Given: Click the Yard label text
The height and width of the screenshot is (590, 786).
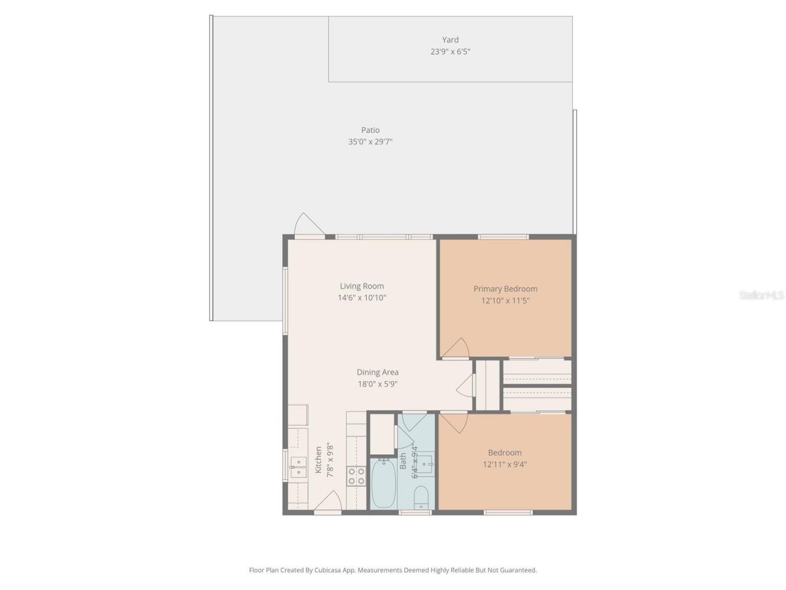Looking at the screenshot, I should tap(450, 40).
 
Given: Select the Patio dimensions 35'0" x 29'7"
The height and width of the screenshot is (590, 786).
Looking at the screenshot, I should tap(370, 142).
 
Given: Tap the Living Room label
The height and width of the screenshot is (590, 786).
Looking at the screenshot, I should tap(362, 286).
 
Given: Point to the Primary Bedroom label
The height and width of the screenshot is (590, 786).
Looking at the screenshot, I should tap(505, 289).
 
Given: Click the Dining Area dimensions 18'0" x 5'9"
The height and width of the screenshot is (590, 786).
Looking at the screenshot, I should tap(377, 384).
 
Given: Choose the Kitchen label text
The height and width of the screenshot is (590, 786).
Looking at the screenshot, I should tap(318, 460).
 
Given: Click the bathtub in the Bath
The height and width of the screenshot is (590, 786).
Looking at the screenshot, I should tap(383, 484).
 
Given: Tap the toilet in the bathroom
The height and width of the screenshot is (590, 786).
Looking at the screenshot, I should tap(421, 497).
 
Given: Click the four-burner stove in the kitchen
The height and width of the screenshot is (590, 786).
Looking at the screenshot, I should tap(356, 476).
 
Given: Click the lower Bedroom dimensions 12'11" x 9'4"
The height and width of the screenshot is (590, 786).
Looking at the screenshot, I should tap(505, 465).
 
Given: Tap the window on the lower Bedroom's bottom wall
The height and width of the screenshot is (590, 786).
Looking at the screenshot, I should tap(508, 512).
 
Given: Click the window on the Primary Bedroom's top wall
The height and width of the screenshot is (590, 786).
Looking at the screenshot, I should tap(503, 237).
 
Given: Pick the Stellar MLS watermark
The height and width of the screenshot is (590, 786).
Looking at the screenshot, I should tap(761, 296).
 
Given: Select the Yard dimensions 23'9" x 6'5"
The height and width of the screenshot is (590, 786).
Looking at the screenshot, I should tap(450, 52).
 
